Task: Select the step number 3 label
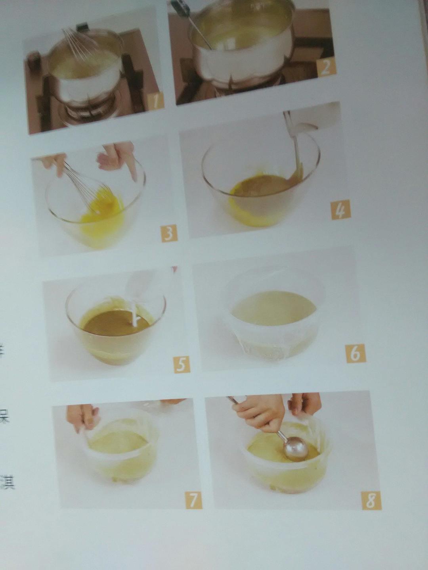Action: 169,234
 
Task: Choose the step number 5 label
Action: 181,364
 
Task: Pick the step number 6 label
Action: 355,353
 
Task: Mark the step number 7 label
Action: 193,500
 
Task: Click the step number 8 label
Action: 371,501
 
